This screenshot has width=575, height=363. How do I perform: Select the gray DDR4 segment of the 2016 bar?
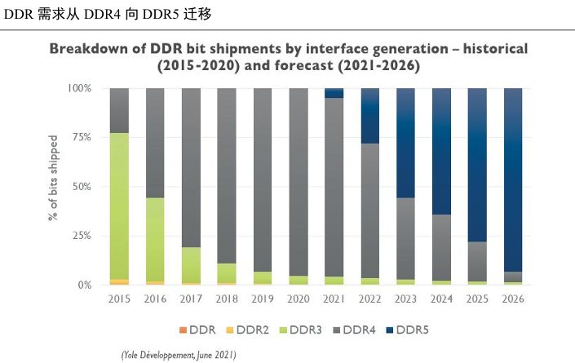click(155, 143)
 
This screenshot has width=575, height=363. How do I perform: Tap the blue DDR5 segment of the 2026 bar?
click(513, 179)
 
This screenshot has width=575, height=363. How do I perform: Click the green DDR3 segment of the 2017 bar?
click(191, 264)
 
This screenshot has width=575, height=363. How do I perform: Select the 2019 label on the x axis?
click(263, 300)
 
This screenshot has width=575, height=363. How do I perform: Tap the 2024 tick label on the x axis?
click(441, 300)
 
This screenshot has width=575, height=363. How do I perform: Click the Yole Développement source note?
click(179, 355)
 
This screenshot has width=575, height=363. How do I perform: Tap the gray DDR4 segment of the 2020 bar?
click(299, 179)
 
